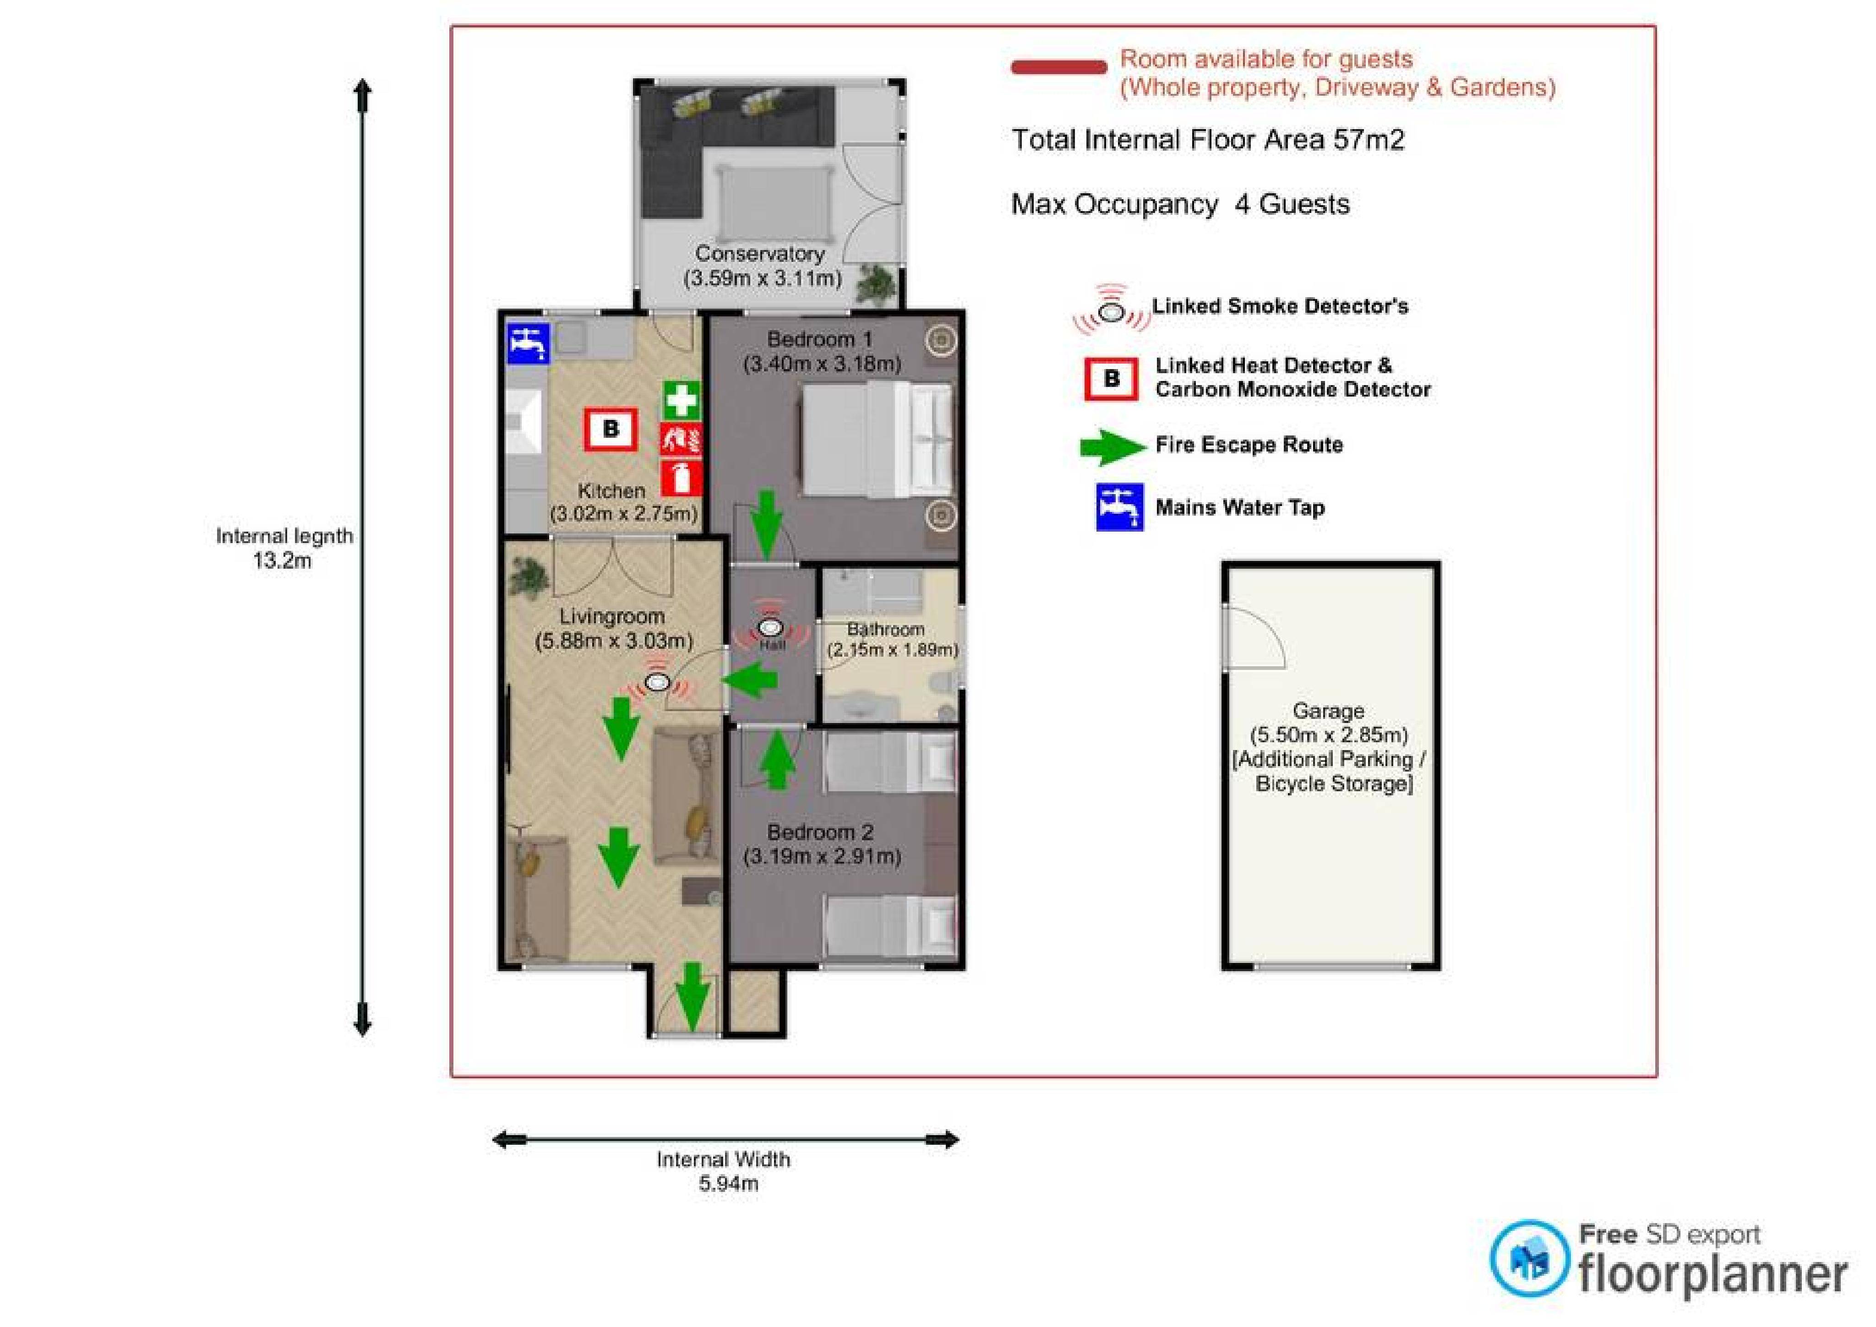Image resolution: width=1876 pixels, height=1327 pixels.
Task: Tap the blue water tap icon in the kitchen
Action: tap(529, 343)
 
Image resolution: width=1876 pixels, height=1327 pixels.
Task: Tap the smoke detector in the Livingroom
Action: tap(657, 680)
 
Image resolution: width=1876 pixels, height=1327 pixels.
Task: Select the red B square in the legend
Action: tap(1111, 379)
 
